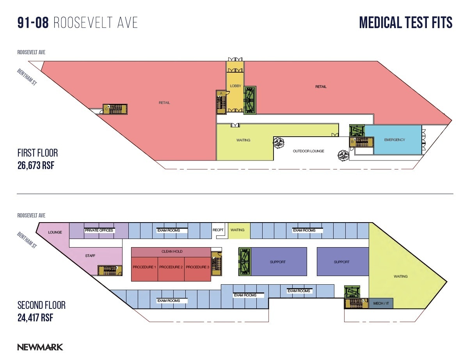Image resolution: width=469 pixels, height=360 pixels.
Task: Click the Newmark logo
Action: click(40, 347)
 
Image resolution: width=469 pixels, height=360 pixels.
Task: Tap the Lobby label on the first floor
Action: click(235, 86)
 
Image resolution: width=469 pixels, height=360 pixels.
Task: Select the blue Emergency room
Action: click(394, 139)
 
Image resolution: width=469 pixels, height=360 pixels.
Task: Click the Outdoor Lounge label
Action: click(308, 151)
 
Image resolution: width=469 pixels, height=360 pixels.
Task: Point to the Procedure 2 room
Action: click(171, 267)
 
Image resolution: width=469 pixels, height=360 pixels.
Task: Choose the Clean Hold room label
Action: click(172, 251)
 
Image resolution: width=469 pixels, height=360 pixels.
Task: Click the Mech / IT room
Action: click(381, 303)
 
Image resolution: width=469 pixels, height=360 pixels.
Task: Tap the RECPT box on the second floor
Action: click(218, 230)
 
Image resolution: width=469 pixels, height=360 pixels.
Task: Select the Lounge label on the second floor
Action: click(55, 232)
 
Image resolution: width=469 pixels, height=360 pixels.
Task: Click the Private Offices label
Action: click(99, 230)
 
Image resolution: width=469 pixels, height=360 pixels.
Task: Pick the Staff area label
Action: click(90, 256)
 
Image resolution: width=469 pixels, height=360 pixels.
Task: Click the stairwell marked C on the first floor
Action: click(115, 109)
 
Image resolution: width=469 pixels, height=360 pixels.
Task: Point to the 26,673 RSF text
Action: click(36, 166)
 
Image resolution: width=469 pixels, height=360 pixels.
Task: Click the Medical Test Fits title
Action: click(406, 23)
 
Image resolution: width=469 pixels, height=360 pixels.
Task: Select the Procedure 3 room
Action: click(197, 267)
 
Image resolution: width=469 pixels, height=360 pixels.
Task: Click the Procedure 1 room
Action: click(144, 267)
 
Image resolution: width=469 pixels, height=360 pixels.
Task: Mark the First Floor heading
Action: click(37, 153)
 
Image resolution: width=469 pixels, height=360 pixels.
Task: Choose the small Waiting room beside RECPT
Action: click(237, 230)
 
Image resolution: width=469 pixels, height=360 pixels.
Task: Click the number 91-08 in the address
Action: click(33, 23)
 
